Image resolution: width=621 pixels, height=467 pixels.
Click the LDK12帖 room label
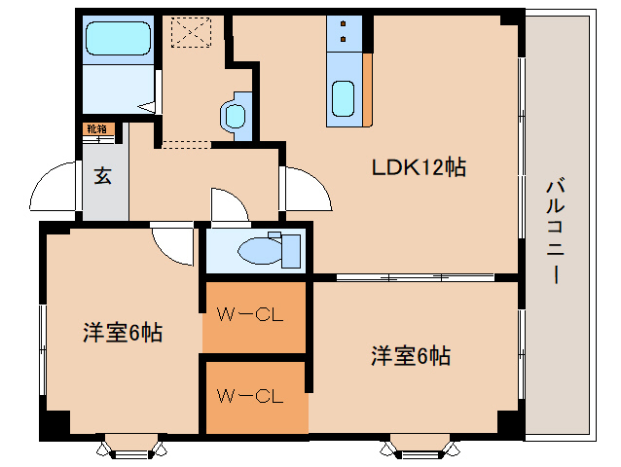[419, 167]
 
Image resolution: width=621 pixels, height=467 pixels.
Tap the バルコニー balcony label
[555, 232]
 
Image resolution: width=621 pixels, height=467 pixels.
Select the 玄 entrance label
[102, 176]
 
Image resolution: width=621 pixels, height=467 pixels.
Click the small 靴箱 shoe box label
[97, 129]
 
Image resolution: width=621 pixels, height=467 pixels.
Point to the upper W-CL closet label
[250, 315]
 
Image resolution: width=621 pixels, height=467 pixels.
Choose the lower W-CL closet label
[250, 396]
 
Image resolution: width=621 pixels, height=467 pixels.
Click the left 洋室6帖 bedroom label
[123, 333]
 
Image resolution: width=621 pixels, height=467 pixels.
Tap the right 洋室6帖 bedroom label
[411, 356]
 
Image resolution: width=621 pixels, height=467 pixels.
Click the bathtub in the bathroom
[118, 38]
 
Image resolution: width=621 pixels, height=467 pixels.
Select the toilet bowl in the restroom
[260, 250]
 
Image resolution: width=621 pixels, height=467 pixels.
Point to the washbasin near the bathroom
[236, 117]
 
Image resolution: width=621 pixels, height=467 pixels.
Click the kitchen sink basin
[343, 99]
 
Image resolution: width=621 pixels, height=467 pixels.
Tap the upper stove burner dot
[343, 23]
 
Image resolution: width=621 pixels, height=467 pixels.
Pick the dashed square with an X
[191, 32]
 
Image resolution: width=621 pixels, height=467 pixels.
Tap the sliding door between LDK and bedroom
[416, 277]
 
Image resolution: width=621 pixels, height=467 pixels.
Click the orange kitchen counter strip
[368, 90]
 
